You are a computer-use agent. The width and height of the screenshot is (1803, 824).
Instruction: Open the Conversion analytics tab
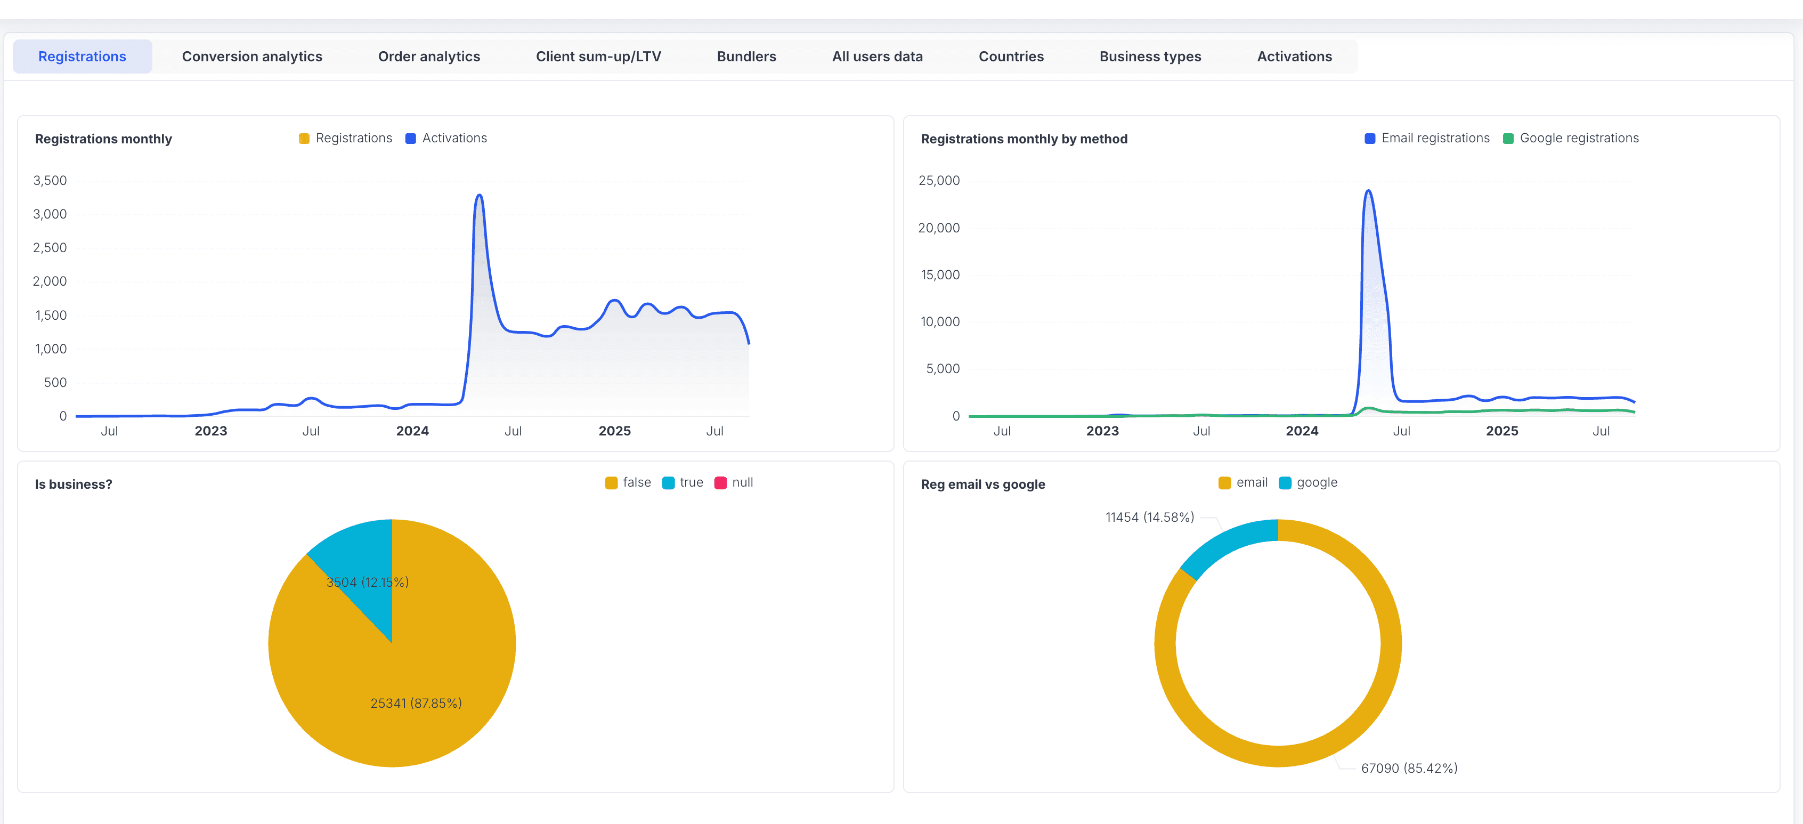(252, 56)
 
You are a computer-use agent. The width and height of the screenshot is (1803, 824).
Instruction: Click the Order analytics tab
(429, 56)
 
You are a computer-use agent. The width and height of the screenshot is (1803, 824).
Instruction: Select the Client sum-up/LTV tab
(598, 56)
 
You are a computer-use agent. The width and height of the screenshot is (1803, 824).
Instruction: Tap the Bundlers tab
(746, 56)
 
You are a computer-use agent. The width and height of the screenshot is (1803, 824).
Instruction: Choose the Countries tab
(1011, 56)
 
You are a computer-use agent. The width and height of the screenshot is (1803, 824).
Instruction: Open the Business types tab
(1150, 56)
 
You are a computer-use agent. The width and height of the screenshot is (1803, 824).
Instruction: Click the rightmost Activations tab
(1294, 56)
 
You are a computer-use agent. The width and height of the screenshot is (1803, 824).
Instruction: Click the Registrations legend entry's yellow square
(304, 139)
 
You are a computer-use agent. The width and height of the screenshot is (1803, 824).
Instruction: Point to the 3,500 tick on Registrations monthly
(50, 181)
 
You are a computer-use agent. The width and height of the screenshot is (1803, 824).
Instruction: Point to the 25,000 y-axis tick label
(939, 181)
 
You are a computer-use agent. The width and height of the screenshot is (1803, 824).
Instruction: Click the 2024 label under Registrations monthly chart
(412, 431)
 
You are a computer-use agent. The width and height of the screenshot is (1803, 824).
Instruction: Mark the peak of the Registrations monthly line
(480, 195)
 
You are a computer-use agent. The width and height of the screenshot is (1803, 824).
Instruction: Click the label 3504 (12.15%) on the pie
(368, 583)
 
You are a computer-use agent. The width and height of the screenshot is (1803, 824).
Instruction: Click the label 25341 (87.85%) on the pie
(416, 704)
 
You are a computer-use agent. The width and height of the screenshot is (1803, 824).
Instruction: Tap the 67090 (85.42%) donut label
(1409, 769)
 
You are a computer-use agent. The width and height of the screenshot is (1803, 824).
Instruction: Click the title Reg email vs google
(982, 484)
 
